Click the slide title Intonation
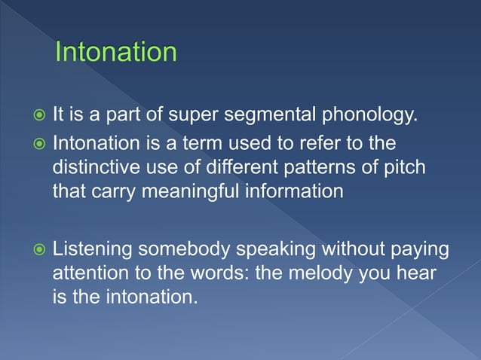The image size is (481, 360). pyautogui.click(x=116, y=53)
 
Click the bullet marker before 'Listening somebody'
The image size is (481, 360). pyautogui.click(x=38, y=249)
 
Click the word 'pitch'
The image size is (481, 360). pyautogui.click(x=403, y=167)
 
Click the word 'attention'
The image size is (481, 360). pyautogui.click(x=89, y=273)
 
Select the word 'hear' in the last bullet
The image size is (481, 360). pyautogui.click(x=418, y=273)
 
